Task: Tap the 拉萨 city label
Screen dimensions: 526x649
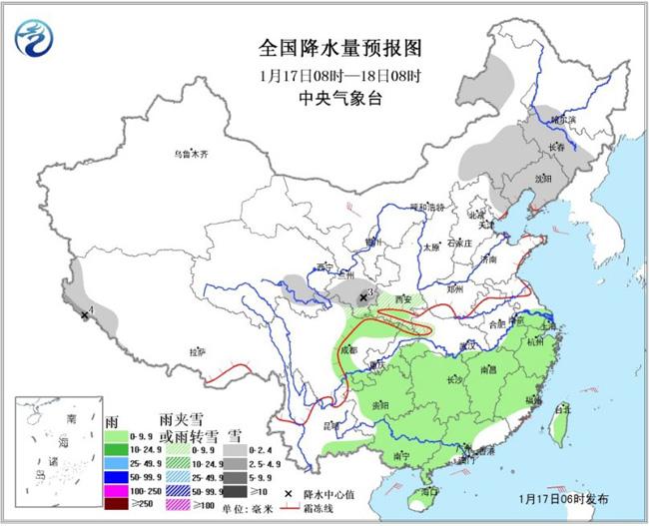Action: pyautogui.click(x=198, y=351)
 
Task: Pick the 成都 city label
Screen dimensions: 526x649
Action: pyautogui.click(x=346, y=350)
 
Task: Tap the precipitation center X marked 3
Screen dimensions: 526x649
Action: pyautogui.click(x=363, y=296)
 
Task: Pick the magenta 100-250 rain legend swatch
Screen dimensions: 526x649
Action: pyautogui.click(x=117, y=493)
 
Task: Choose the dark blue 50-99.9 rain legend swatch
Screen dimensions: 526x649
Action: pyautogui.click(x=117, y=479)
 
